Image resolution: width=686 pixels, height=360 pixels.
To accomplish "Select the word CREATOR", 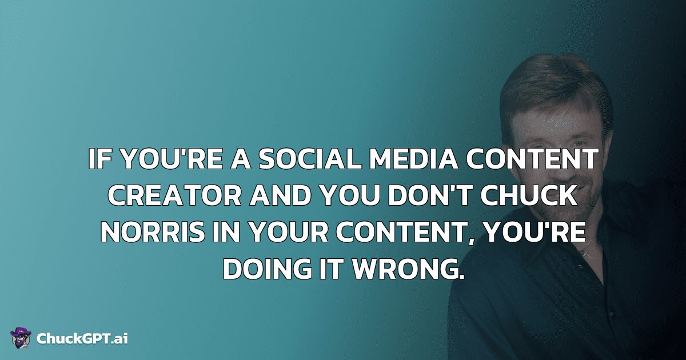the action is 174,195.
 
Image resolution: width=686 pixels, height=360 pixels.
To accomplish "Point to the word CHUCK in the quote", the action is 529,195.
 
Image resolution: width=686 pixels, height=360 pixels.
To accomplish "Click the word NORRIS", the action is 153,233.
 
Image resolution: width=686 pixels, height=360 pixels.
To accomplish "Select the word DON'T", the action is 430,195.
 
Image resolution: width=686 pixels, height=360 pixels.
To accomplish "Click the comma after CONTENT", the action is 474,241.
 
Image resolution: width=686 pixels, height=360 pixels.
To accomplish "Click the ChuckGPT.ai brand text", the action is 82,338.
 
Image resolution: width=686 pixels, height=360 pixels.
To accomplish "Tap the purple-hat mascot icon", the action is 21,338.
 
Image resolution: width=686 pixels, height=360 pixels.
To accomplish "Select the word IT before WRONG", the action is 331,269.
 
